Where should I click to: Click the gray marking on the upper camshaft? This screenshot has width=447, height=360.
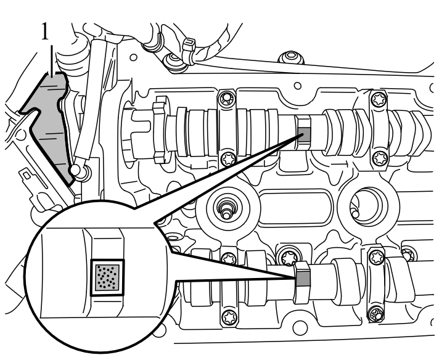(x=303, y=131)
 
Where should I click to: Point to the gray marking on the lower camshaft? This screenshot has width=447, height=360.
(x=303, y=277)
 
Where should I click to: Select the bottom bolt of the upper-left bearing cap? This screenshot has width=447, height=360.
(x=228, y=157)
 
